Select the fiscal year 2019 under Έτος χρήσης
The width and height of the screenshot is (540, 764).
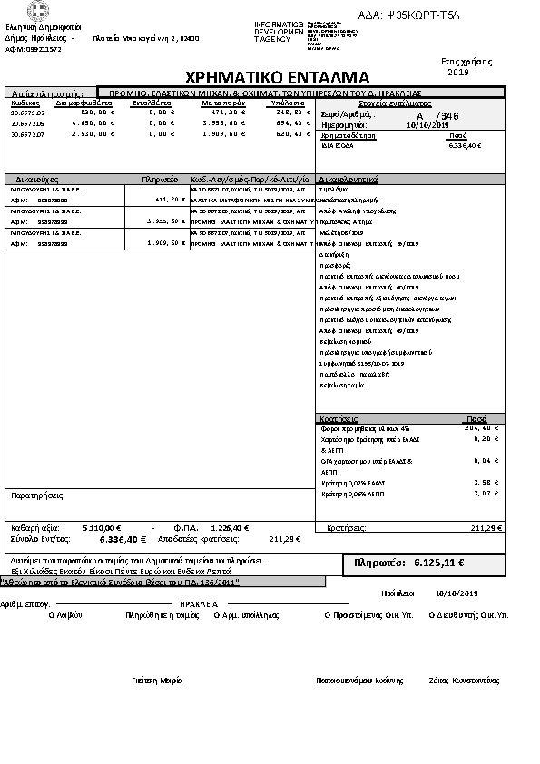click(457, 72)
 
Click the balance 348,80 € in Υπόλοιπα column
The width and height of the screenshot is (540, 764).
click(283, 112)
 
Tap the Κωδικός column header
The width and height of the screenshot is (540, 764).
click(25, 103)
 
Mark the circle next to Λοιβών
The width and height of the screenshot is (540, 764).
click(50, 614)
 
